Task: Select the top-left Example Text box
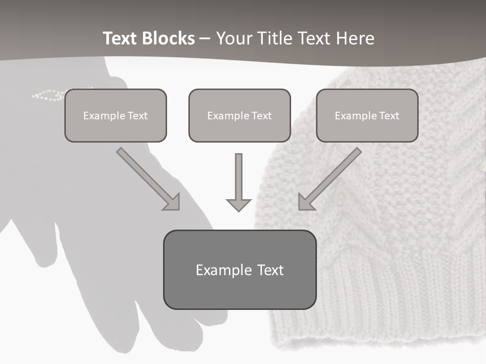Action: pyautogui.click(x=115, y=115)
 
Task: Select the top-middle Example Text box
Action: pyautogui.click(x=239, y=115)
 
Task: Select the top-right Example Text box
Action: pyautogui.click(x=367, y=115)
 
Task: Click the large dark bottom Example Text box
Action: pyautogui.click(x=239, y=269)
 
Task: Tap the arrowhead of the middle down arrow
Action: pyautogui.click(x=238, y=204)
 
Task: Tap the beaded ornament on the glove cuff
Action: pyautogui.click(x=48, y=95)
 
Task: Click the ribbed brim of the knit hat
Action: pyautogui.click(x=380, y=303)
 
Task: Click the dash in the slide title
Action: pyautogui.click(x=205, y=38)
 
